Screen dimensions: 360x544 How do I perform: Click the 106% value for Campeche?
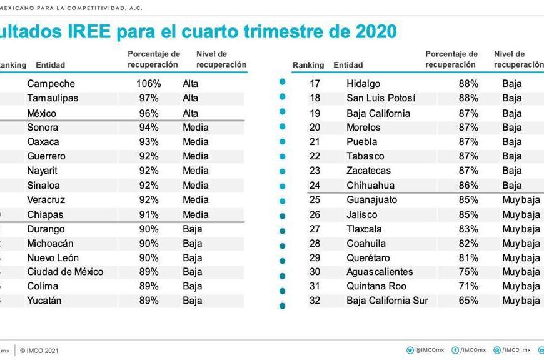click(x=149, y=84)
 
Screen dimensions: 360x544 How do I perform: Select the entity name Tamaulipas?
click(x=52, y=98)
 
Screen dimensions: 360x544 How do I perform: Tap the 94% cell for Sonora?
click(x=149, y=127)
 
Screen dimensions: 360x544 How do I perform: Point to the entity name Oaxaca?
click(x=43, y=142)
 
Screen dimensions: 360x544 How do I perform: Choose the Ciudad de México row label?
click(x=65, y=272)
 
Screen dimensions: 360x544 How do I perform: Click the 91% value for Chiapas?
click(x=149, y=214)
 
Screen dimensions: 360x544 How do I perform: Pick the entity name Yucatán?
click(x=44, y=301)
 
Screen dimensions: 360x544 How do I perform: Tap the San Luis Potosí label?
click(x=381, y=98)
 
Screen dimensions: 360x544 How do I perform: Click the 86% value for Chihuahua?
click(x=468, y=186)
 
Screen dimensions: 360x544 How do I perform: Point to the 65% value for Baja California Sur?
click(x=468, y=301)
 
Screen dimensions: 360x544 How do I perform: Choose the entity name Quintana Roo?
click(x=376, y=286)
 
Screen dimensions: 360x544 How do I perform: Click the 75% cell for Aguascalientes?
click(x=468, y=272)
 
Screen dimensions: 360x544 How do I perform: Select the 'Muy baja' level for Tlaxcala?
click(x=521, y=229)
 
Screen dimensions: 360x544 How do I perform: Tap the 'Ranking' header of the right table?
click(x=308, y=65)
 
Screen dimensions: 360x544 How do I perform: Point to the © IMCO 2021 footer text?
click(x=39, y=351)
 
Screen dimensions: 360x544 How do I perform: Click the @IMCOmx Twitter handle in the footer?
click(x=425, y=351)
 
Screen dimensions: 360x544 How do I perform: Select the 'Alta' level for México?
click(x=191, y=113)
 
